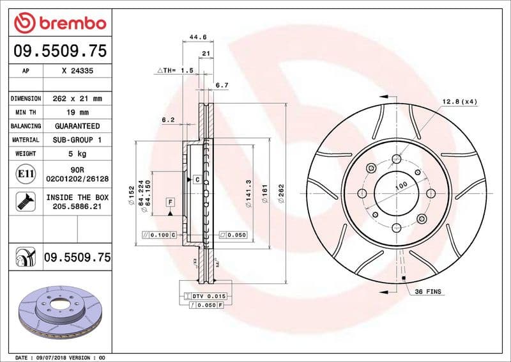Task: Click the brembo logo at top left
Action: pos(59,24)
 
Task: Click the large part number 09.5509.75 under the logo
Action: pos(59,51)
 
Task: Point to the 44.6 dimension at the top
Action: pos(197,38)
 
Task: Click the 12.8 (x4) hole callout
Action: pos(459,102)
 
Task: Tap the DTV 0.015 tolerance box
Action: pos(205,296)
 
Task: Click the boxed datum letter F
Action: pos(171,202)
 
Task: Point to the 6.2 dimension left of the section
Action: pos(168,120)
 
